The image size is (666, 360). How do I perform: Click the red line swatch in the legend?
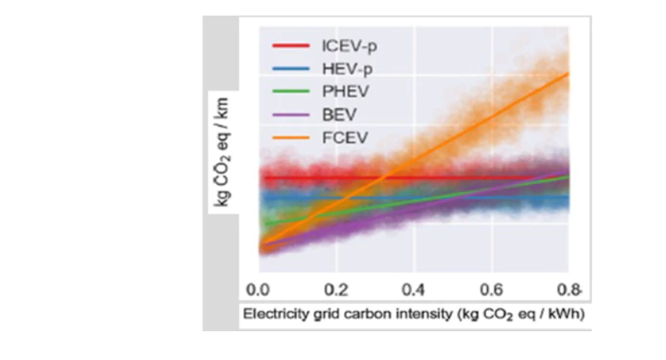pos(290,47)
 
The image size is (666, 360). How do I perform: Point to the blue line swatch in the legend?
pos(290,69)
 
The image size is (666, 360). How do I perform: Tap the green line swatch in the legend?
pos(290,93)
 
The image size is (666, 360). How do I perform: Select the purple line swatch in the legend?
pos(290,116)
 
